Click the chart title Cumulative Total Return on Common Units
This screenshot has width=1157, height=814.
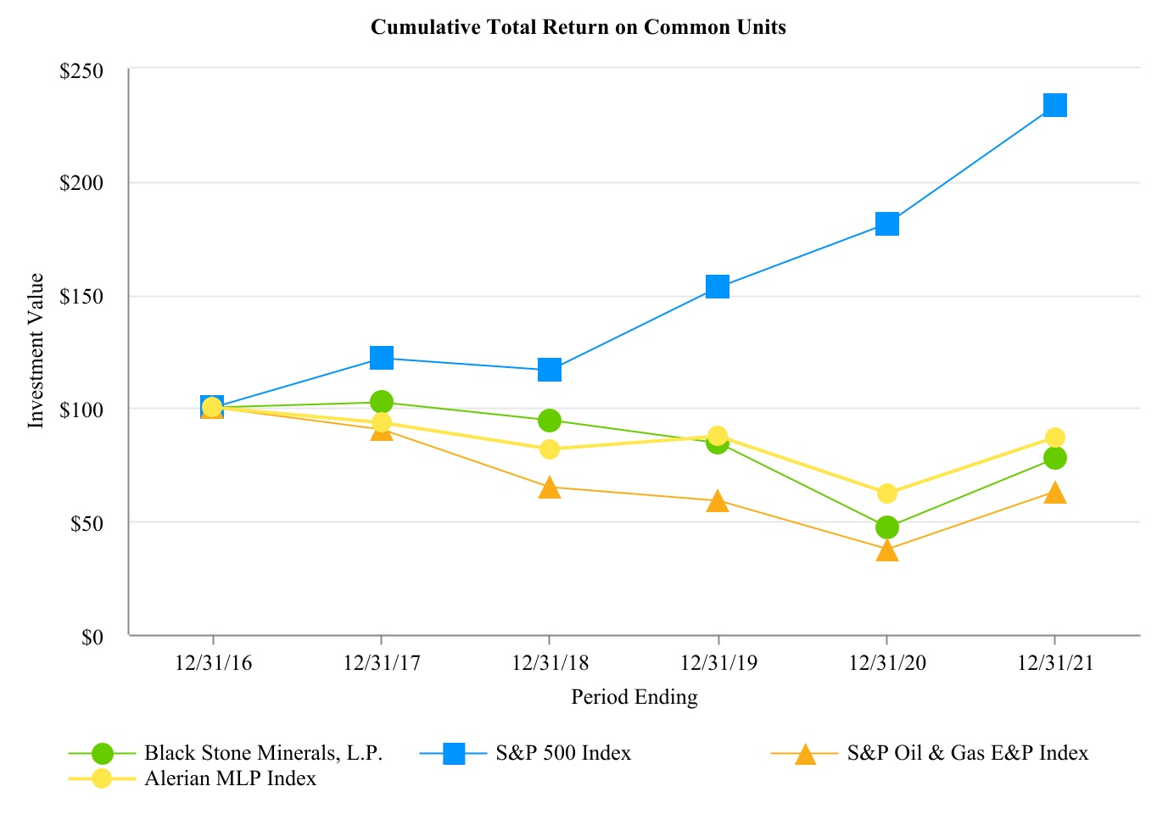pyautogui.click(x=578, y=28)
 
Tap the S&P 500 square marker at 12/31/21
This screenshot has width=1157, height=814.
pyautogui.click(x=1054, y=105)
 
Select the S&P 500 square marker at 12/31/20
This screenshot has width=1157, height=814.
pyautogui.click(x=886, y=224)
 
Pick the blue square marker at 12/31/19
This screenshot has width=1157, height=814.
pyautogui.click(x=718, y=287)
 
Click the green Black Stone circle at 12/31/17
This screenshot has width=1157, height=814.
pyautogui.click(x=382, y=401)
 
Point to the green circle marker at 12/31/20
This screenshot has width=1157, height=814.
pyautogui.click(x=886, y=527)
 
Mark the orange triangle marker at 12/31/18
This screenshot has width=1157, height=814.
pyautogui.click(x=550, y=488)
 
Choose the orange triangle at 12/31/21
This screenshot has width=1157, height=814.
pyautogui.click(x=1054, y=493)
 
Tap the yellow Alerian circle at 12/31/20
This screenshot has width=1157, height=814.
pyautogui.click(x=886, y=493)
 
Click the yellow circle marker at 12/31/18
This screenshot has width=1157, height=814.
pyautogui.click(x=550, y=449)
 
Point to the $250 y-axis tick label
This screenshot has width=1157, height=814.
pyautogui.click(x=81, y=71)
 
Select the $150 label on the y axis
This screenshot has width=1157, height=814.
pyautogui.click(x=81, y=298)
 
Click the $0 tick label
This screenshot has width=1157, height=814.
pyautogui.click(x=92, y=637)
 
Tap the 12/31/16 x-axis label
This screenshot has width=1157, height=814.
pyautogui.click(x=213, y=663)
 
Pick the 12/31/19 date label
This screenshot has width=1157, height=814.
pyautogui.click(x=718, y=663)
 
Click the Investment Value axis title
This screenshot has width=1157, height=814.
pyautogui.click(x=36, y=350)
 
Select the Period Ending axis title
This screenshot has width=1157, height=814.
pyautogui.click(x=634, y=698)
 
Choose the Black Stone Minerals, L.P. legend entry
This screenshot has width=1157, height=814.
pyautogui.click(x=263, y=753)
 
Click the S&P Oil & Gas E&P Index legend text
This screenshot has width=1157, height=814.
pyautogui.click(x=967, y=753)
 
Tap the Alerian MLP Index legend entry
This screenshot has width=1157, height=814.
pyautogui.click(x=230, y=778)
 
